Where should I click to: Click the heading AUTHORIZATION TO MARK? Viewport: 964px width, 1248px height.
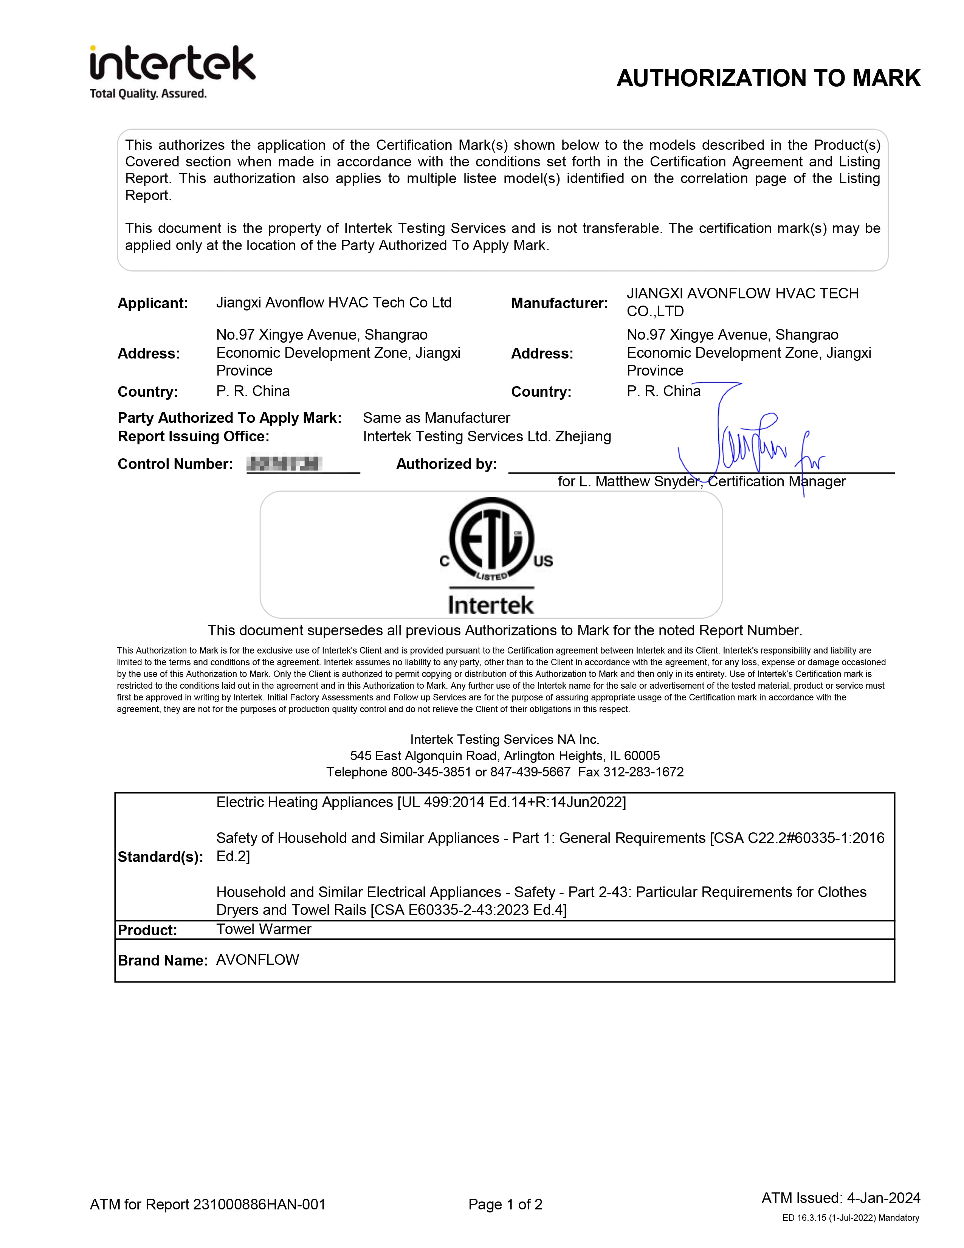point(768,78)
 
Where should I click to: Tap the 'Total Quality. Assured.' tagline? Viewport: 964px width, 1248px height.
point(148,94)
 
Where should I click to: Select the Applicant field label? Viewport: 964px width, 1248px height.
point(152,303)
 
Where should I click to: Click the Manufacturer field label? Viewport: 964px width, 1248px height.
point(559,303)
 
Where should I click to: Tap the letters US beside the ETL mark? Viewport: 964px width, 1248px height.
point(543,561)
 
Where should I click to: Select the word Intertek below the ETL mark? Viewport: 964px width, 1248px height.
point(491,605)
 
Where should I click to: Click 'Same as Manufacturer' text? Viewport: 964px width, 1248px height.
point(436,418)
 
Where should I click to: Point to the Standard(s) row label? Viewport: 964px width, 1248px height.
point(160,857)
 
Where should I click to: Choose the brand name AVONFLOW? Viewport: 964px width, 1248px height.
point(257,960)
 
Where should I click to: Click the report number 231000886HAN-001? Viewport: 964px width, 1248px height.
point(259,1205)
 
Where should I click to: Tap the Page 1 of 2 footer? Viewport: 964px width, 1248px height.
point(505,1205)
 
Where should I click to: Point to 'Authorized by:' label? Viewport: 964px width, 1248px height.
point(446,464)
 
